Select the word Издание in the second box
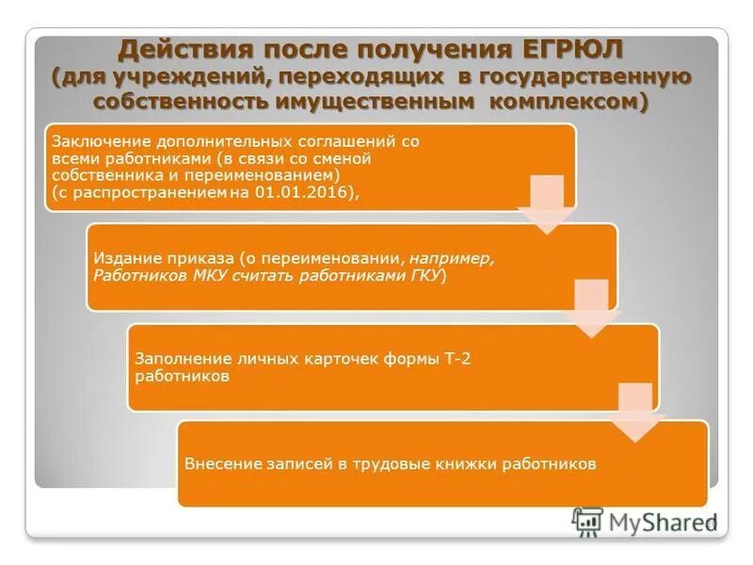120,258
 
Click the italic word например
450,258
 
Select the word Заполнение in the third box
176,359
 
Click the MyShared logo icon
587,521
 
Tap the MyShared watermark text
659,522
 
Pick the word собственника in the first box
97,175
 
